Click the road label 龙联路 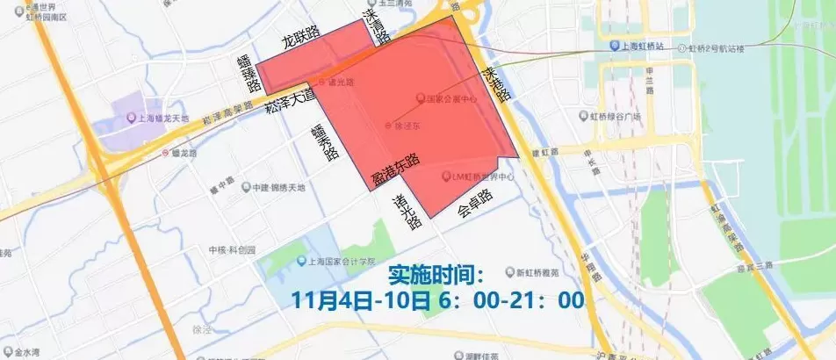tap(300, 40)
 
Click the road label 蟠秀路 tap(324, 140)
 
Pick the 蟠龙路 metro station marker tap(164, 152)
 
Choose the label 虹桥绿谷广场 tap(615, 115)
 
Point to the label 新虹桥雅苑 tap(537, 270)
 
